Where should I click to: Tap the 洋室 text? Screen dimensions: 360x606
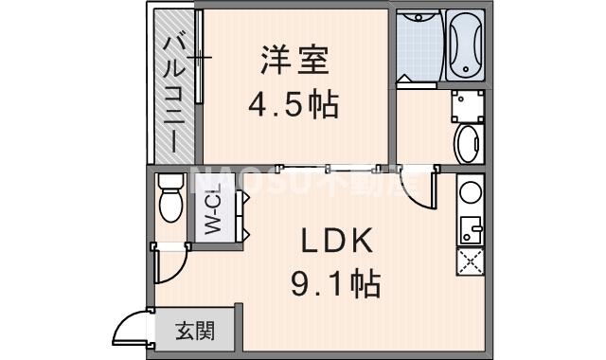point(294,60)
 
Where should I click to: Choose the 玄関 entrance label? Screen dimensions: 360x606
point(195,332)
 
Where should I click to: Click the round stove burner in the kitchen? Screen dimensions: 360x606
point(470,192)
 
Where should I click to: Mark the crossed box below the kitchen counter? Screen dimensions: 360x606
point(470,261)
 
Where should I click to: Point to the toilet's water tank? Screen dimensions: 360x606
point(170,181)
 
